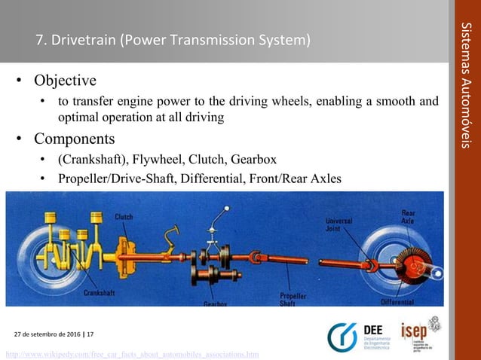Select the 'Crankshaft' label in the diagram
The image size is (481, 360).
click(100, 291)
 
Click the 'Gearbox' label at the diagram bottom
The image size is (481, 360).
click(216, 304)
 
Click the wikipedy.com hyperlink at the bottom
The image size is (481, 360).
click(132, 353)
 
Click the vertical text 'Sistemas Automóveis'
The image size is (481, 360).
click(466, 83)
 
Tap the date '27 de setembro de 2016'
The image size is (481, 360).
click(51, 334)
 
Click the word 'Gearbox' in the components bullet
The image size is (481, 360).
click(253, 160)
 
